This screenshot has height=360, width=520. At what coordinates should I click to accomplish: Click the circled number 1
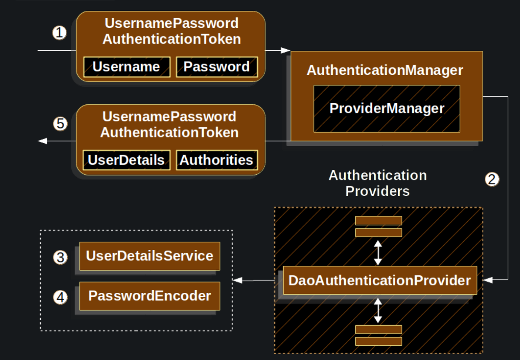[x=59, y=33]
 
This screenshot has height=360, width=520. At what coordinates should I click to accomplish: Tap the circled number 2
[x=492, y=179]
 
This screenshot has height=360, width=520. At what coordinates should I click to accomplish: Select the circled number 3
[x=60, y=257]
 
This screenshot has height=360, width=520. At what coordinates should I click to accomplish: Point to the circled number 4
[x=60, y=297]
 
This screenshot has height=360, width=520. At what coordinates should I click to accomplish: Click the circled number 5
[x=60, y=124]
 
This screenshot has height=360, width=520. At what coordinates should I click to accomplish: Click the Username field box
[x=127, y=67]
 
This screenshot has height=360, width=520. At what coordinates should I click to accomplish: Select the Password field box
[x=216, y=67]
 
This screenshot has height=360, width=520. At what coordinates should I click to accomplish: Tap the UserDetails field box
[x=126, y=160]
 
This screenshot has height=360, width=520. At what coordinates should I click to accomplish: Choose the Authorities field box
[x=216, y=160]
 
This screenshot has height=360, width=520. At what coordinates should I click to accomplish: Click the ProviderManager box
[x=387, y=109]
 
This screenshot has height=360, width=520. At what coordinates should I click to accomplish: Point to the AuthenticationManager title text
[x=385, y=70]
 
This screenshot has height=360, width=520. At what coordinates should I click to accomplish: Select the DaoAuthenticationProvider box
[x=379, y=280]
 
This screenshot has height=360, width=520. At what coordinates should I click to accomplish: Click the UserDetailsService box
[x=150, y=256]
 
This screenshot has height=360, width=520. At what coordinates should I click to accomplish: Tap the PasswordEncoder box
[x=150, y=296]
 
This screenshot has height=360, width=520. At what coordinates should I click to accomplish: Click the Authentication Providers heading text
[x=378, y=183]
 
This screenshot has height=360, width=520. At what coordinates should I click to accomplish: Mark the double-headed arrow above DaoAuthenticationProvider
[x=378, y=253]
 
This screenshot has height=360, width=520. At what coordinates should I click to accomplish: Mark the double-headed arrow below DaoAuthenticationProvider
[x=378, y=310]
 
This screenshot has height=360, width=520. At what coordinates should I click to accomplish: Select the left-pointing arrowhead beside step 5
[x=42, y=141]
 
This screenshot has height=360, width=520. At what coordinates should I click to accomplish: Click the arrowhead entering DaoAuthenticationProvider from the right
[x=487, y=280]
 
